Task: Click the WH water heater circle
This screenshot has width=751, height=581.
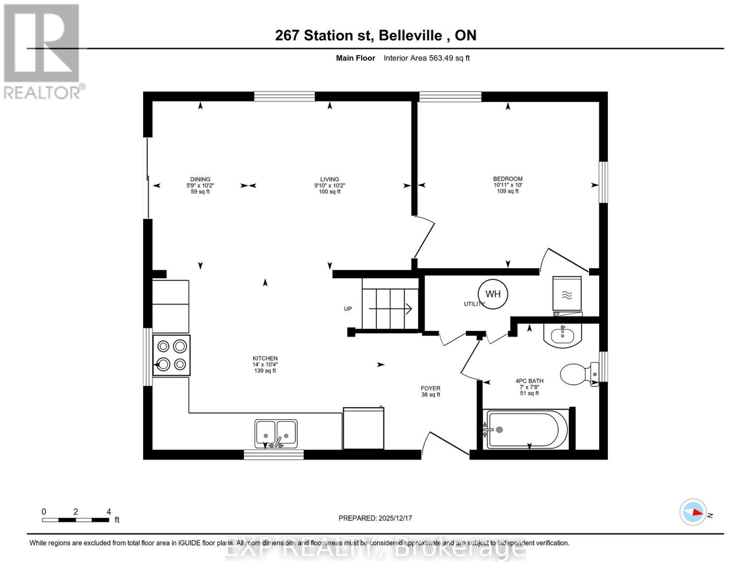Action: pos(493,294)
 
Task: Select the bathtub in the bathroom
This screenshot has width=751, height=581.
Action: pos(527,429)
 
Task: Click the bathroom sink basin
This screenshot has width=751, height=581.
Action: pos(562,335)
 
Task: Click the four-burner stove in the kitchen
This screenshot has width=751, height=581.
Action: pos(172,355)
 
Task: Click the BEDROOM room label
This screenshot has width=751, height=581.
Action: pos(508,179)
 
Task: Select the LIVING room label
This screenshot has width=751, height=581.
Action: pos(329,179)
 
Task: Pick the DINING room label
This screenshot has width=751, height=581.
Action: pos(200,179)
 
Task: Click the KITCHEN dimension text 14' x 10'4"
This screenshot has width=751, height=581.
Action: pos(265,365)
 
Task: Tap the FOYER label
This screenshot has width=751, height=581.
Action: pos(430,388)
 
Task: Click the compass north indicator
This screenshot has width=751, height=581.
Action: pos(693,512)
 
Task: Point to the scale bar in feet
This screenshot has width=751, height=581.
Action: pos(75,520)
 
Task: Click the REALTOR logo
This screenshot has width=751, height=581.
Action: pos(43,51)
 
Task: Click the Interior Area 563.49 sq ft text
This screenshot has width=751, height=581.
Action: pos(427,58)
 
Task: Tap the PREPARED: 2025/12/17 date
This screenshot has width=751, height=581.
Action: pos(375,518)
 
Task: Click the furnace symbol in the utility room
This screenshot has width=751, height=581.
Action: pos(567,294)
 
